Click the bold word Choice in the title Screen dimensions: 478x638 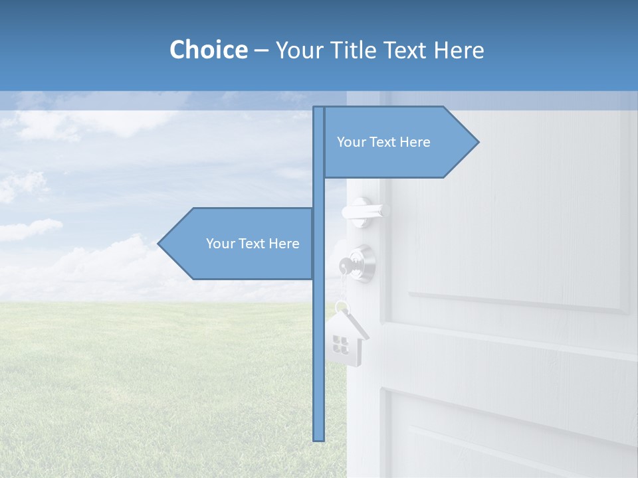tap(208, 50)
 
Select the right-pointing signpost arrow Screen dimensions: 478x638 tap(399, 142)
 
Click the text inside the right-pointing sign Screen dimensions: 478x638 tap(383, 142)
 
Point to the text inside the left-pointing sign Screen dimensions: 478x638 tap(253, 244)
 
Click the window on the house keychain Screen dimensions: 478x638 tap(340, 344)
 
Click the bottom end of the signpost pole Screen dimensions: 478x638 tap(319, 438)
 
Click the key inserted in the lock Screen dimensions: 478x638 tap(346, 266)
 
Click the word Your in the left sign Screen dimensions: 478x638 tap(220, 244)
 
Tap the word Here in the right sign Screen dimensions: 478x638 tap(415, 142)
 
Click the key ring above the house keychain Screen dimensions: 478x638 tap(342, 307)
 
